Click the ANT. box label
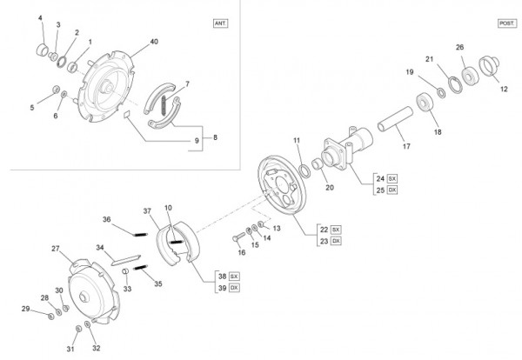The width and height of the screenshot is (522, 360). point(220,23)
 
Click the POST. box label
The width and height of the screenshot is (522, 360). point(507,23)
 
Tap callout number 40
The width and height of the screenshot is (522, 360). point(154,42)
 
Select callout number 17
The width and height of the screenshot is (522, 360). point(406,146)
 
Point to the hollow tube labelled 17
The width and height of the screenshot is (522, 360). point(395,119)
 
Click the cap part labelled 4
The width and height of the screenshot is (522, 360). point(43,50)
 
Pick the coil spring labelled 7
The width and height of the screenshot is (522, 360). point(164,105)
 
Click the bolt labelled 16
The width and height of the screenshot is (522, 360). point(238,237)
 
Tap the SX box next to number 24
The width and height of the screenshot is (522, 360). point(392,178)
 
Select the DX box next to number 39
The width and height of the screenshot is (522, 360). point(234,288)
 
